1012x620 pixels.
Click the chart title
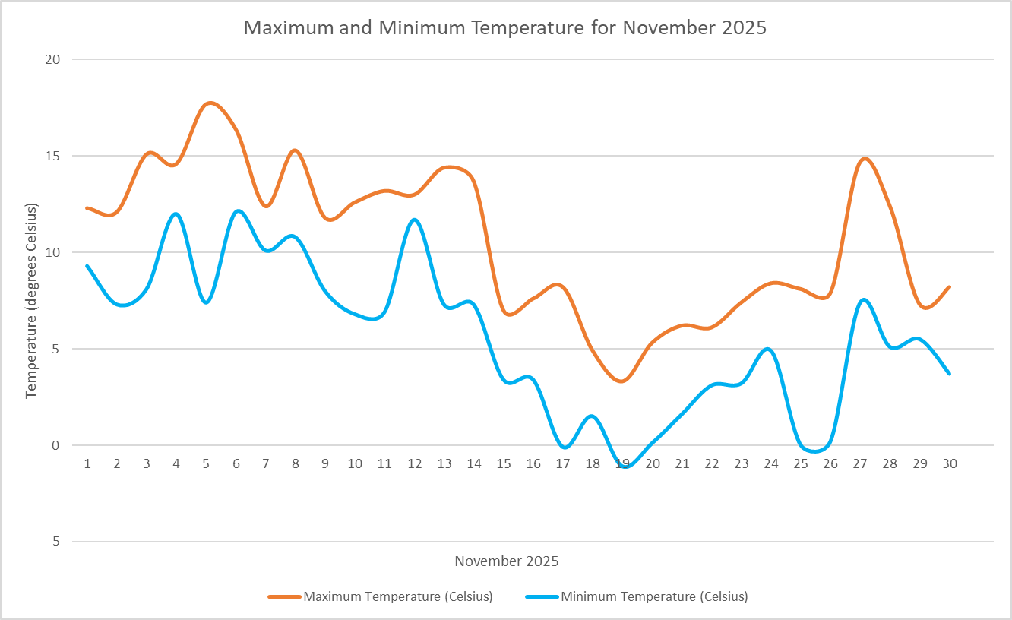[x=505, y=28]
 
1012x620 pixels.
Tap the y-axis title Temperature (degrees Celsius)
[x=31, y=301]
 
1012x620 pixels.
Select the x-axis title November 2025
[x=507, y=561]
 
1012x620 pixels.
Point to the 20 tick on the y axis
[x=54, y=59]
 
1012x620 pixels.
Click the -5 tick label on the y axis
[x=54, y=542]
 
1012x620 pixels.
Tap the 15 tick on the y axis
[x=54, y=156]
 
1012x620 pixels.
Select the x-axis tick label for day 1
[x=87, y=463]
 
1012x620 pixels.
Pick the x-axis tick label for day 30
[x=949, y=463]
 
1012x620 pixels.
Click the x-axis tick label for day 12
[x=415, y=463]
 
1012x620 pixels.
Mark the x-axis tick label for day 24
[x=771, y=463]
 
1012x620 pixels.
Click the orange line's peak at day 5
[x=210, y=103]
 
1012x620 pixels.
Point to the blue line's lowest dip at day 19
[x=625, y=467]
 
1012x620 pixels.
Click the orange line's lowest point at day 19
[x=622, y=381]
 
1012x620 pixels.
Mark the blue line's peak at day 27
[x=863, y=300]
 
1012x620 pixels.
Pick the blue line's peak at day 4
[x=176, y=214]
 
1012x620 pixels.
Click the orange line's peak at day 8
[x=296, y=150]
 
